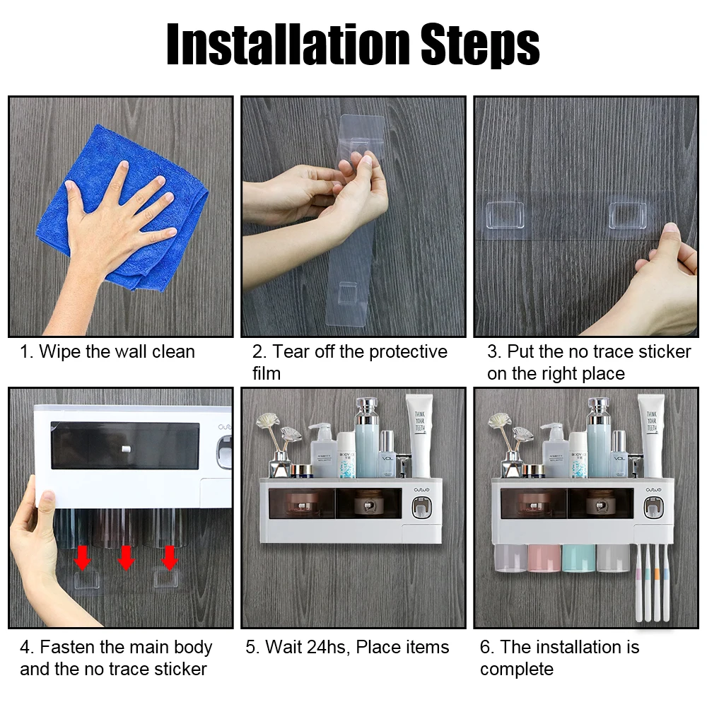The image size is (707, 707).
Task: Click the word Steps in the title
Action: coord(480,45)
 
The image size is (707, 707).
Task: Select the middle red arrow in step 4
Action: coord(126,558)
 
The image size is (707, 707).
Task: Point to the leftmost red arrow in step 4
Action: coord(82,558)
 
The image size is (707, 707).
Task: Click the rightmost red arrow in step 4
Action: coord(169,558)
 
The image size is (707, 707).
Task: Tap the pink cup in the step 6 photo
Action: coord(544,559)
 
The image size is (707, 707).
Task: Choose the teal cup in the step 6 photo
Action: coord(578,559)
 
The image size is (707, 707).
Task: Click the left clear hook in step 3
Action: coord(505,216)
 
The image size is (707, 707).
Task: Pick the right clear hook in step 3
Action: coord(628,216)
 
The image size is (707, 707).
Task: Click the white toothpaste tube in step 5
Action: coord(420,436)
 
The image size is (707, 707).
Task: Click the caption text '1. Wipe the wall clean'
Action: coord(107,351)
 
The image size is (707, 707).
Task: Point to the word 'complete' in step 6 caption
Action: coord(517,670)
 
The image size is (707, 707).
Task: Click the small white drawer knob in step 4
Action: coord(126,449)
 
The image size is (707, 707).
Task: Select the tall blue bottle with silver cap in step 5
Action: coord(367,438)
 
